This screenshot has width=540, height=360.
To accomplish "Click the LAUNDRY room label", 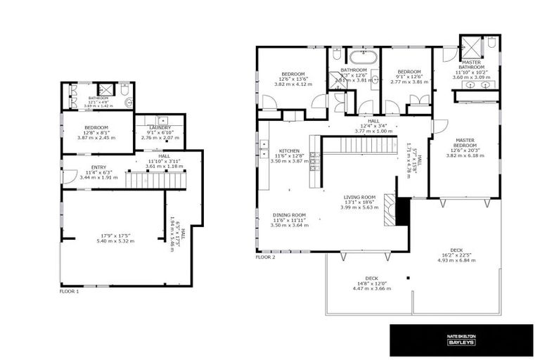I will pyautogui.click(x=160, y=128).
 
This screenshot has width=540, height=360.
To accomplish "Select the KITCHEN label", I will pyautogui.click(x=289, y=151).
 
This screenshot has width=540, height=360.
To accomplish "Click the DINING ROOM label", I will pyautogui.click(x=289, y=214).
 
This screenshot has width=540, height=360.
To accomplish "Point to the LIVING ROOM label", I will pyautogui.click(x=359, y=198).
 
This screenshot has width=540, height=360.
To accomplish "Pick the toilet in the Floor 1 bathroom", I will pyautogui.click(x=124, y=90).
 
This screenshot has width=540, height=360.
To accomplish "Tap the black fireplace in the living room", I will pyautogui.click(x=403, y=211).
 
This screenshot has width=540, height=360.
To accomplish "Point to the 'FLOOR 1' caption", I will pyautogui.click(x=69, y=290).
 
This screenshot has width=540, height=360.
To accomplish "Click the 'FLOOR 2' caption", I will pyautogui.click(x=265, y=257).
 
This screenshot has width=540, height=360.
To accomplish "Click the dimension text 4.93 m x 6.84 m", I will pyautogui.click(x=457, y=260).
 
